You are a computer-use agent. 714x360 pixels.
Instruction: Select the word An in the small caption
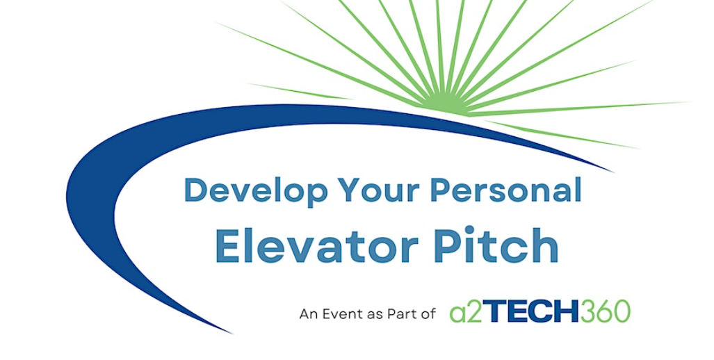(307, 314)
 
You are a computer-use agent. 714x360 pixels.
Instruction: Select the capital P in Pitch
(443, 245)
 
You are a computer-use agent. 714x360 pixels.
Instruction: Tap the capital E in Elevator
(227, 245)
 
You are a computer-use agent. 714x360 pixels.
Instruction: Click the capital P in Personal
(440, 190)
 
